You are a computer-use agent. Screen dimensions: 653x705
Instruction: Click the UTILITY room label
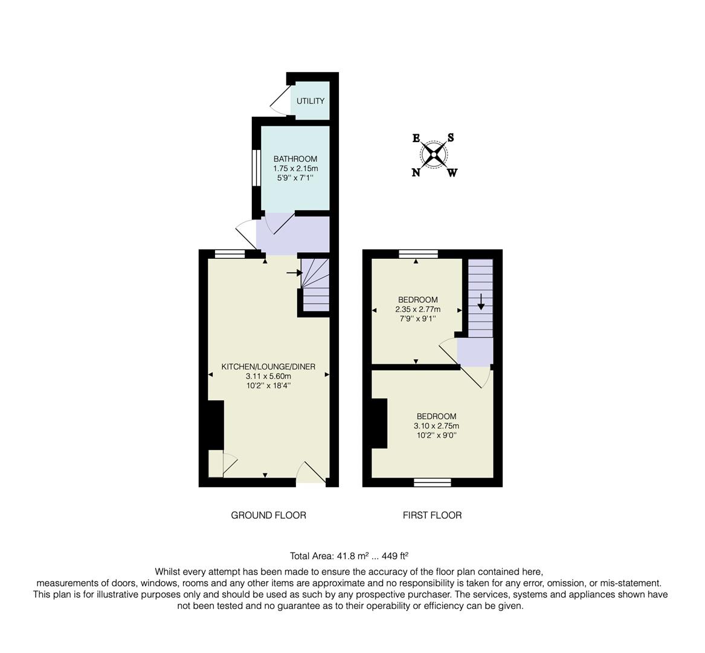pos(311,101)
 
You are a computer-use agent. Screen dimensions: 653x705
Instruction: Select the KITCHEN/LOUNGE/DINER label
pos(268,367)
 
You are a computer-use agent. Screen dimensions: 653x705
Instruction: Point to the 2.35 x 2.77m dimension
pos(417,310)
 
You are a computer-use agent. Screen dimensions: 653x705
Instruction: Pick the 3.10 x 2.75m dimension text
pos(436,426)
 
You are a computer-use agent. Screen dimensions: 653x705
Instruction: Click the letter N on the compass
pos(416,172)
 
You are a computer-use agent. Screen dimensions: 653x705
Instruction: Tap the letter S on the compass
pos(451,138)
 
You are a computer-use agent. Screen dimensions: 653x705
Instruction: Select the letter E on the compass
pos(416,138)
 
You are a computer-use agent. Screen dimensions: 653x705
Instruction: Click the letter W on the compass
pos(452,173)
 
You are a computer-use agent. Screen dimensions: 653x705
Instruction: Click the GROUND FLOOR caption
pos(268,515)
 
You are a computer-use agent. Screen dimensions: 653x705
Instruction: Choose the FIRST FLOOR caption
pos(432,515)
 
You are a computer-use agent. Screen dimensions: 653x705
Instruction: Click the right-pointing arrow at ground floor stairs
pos(294,273)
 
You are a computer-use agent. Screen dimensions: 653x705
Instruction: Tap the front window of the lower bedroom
pos(433,482)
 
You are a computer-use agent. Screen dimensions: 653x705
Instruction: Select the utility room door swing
pos(280,100)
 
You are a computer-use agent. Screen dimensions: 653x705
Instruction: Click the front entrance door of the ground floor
pos(312,474)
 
